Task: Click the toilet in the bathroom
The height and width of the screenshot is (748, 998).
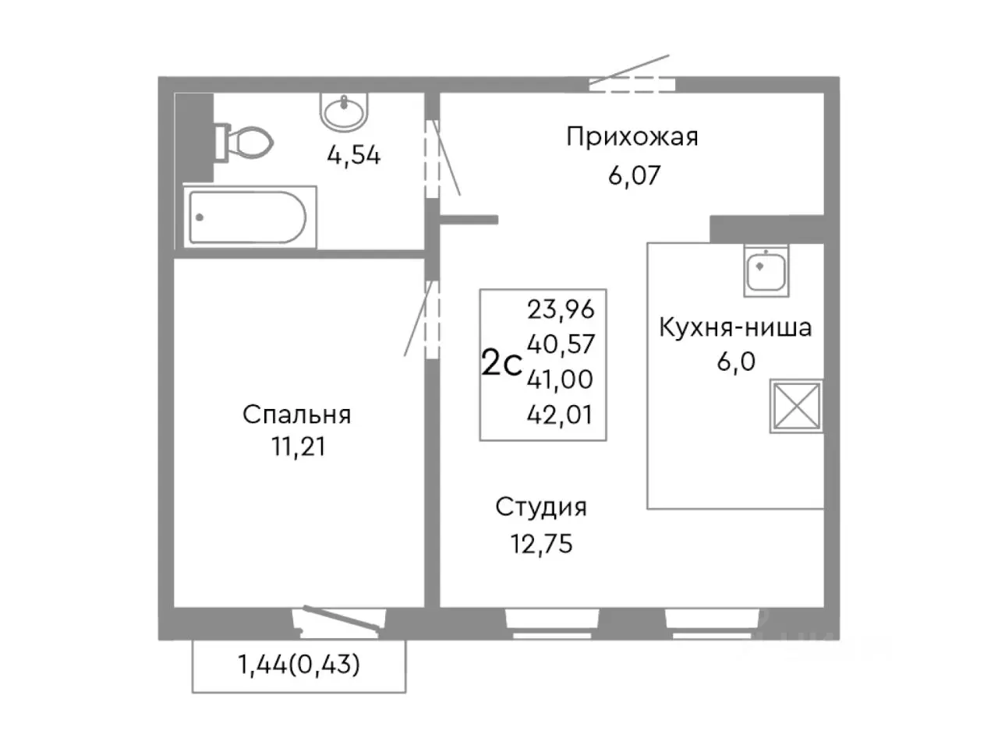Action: point(245,143)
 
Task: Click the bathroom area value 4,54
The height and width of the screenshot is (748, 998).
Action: point(353,156)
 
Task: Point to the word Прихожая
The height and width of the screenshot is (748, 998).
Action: point(632,137)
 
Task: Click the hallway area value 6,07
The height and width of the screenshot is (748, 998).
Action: point(634,175)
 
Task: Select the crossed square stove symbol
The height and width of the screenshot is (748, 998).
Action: point(797,405)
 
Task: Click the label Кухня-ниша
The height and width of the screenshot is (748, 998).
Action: point(735,327)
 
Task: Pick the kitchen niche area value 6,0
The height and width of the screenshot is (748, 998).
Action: point(736,362)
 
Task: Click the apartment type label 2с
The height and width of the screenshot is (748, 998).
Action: point(501,364)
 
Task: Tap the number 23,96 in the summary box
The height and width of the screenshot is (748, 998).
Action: point(561,309)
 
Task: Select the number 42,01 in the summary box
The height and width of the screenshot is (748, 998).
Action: point(561,415)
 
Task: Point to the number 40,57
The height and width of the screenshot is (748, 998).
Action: point(561,344)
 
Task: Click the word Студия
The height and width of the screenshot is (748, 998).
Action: point(541,507)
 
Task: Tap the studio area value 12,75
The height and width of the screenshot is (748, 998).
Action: point(541,544)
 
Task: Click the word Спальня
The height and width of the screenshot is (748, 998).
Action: point(296,414)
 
